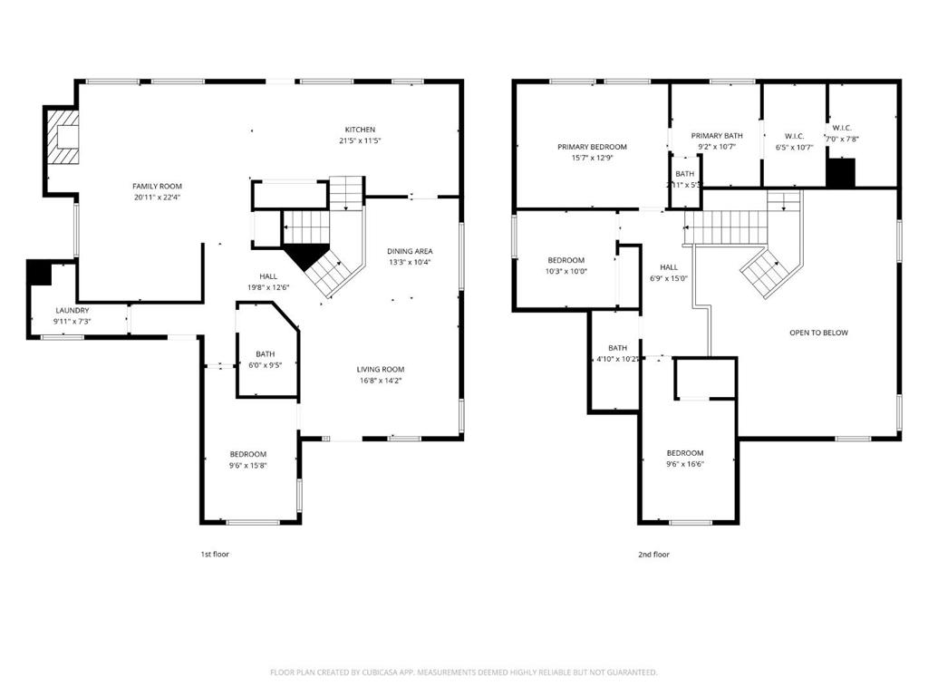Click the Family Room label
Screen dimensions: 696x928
[157, 186]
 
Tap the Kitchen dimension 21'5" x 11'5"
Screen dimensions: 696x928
[359, 141]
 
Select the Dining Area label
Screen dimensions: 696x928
[409, 251]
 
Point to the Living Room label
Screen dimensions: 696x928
[380, 369]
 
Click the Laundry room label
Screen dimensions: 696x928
[72, 310]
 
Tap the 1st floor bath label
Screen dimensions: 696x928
[265, 354]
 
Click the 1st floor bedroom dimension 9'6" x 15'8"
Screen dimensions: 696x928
[247, 466]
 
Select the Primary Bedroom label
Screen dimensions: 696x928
[592, 147]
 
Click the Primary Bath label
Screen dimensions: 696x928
[716, 135]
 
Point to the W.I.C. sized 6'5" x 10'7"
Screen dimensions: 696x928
[794, 136]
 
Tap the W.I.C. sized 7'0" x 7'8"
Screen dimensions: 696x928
[842, 128]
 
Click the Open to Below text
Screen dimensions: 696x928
[818, 333]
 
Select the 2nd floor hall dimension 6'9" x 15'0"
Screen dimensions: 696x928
[669, 278]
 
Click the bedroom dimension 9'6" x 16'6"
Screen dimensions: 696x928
[685, 464]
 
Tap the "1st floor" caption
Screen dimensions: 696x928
[214, 554]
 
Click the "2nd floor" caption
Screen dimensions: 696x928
[653, 554]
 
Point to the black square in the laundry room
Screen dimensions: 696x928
[39, 272]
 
